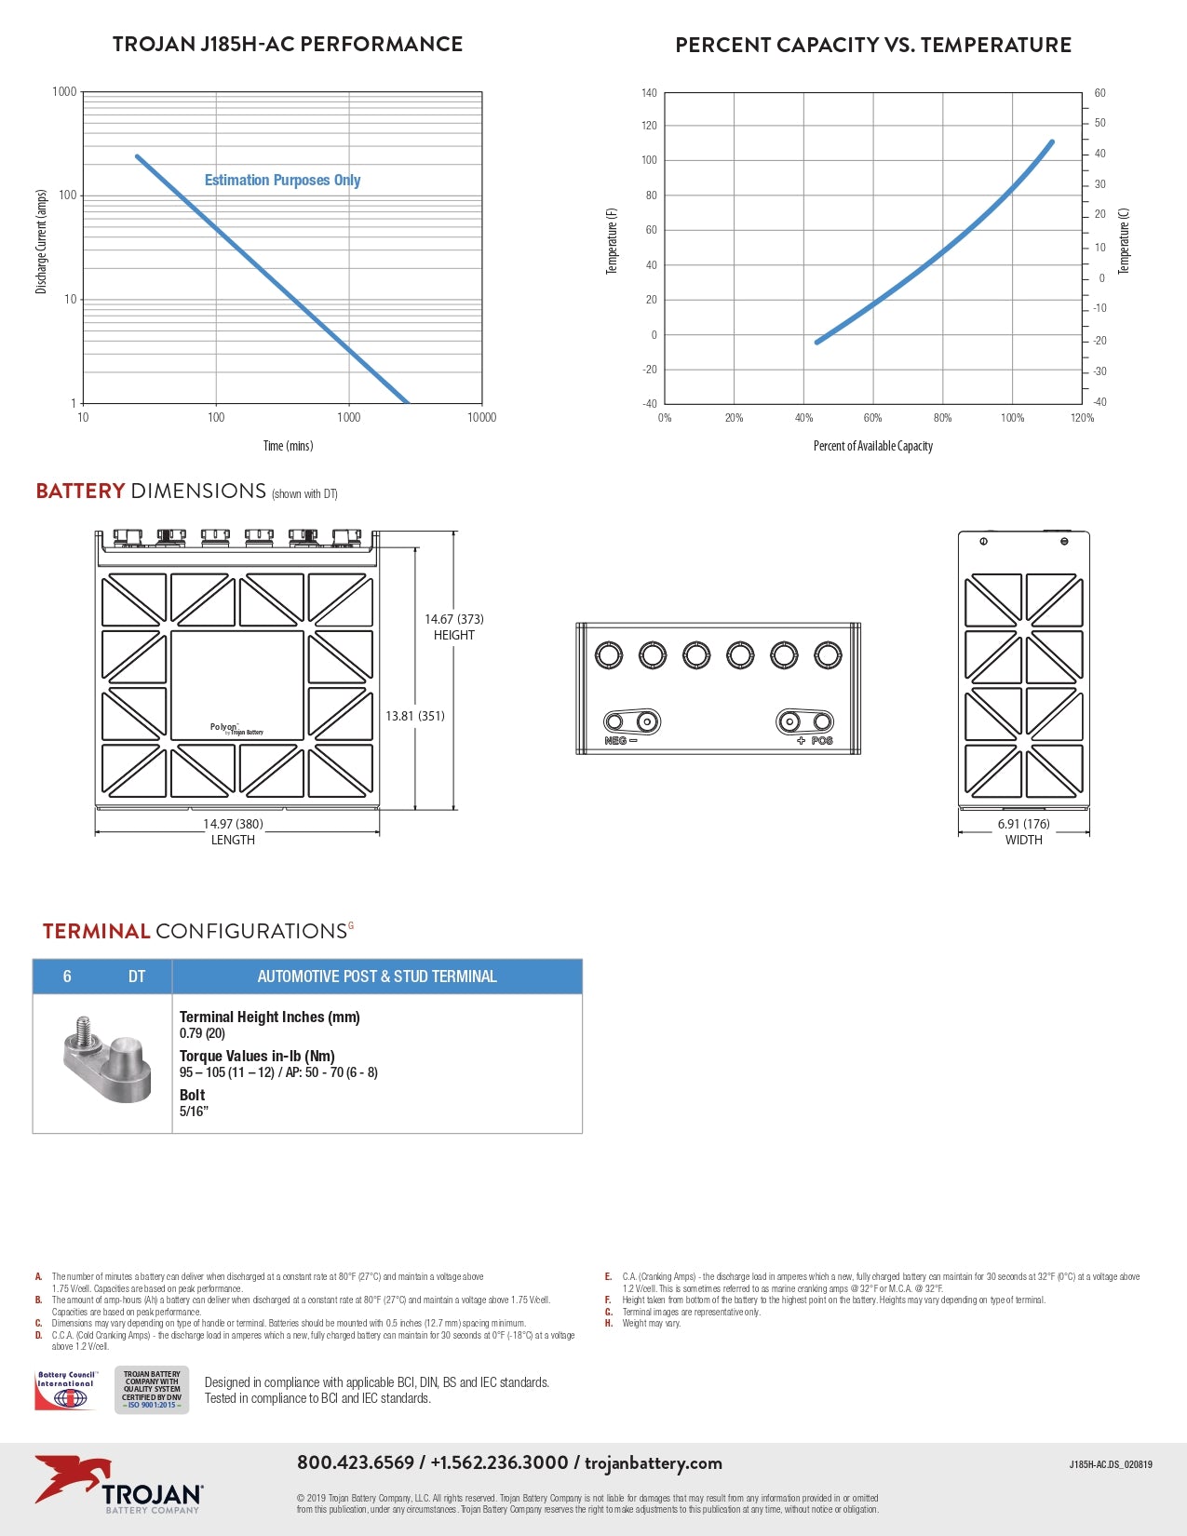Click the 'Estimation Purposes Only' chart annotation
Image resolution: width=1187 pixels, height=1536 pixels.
pyautogui.click(x=282, y=180)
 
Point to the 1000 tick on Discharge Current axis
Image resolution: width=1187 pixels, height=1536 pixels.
pyautogui.click(x=64, y=92)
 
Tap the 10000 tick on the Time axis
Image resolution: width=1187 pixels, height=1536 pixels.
pyautogui.click(x=481, y=417)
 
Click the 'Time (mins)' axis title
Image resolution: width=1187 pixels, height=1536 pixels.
pyautogui.click(x=288, y=446)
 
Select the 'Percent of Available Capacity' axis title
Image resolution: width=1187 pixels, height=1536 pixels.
pyautogui.click(x=872, y=446)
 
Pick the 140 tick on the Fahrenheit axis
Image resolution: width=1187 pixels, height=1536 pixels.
pyautogui.click(x=649, y=93)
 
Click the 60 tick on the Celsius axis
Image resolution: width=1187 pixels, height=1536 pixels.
pyautogui.click(x=1100, y=93)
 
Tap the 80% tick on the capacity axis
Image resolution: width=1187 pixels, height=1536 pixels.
pyautogui.click(x=942, y=418)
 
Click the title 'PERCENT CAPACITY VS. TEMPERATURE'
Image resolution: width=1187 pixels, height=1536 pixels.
pyautogui.click(x=873, y=45)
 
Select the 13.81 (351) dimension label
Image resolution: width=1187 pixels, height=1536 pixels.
pyautogui.click(x=415, y=716)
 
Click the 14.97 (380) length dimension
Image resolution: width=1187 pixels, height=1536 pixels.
pyautogui.click(x=233, y=824)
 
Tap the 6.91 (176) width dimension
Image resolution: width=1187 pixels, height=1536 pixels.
pyautogui.click(x=1023, y=824)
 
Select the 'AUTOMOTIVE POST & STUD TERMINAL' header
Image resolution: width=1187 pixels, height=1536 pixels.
pyautogui.click(x=377, y=977)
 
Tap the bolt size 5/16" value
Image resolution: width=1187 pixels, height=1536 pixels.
pyautogui.click(x=194, y=1112)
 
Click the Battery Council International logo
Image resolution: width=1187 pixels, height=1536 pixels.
pyautogui.click(x=65, y=1390)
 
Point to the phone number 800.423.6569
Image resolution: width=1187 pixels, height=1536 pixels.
pyautogui.click(x=355, y=1462)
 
